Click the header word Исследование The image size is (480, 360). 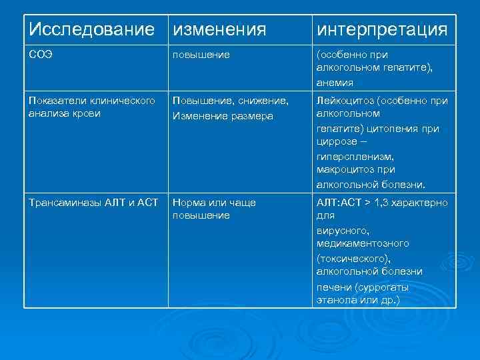point(94,29)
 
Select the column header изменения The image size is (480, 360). point(219,29)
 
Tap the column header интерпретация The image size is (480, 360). point(381,29)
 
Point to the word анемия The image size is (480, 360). point(335,83)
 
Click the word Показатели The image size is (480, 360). point(57,100)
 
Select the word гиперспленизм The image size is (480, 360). point(354,155)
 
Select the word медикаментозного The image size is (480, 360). point(363,243)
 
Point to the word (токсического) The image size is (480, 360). point(353,257)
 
